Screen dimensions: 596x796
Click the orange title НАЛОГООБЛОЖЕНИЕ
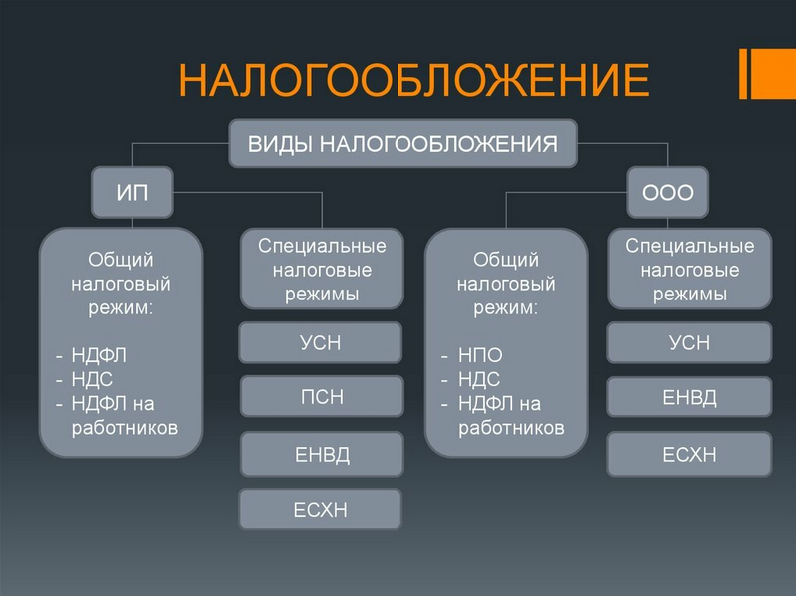(413, 81)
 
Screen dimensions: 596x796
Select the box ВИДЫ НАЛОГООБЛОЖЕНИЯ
(403, 143)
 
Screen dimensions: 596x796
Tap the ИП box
(132, 193)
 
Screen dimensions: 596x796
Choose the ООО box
(667, 193)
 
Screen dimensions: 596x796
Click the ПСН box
(321, 396)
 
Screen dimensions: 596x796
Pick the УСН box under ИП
(321, 342)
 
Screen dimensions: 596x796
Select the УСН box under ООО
(689, 342)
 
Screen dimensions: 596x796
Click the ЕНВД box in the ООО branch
(689, 397)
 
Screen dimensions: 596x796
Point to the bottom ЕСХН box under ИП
(321, 509)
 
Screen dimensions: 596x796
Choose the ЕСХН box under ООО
(689, 454)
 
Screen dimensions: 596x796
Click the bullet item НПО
(480, 355)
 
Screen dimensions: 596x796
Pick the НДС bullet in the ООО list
(479, 379)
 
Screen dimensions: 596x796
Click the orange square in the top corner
(773, 73)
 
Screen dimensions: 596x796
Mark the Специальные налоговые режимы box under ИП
(321, 269)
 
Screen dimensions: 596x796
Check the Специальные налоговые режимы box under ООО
(689, 269)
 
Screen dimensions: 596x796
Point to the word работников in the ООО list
(511, 428)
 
